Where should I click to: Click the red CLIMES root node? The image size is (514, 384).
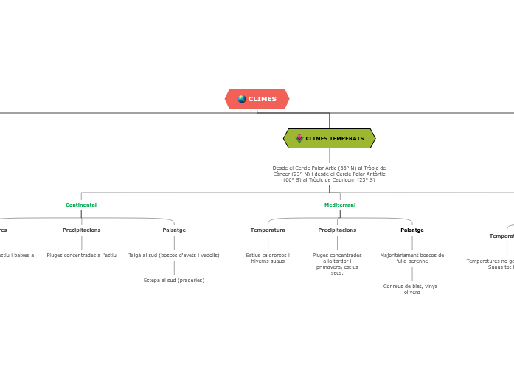257,99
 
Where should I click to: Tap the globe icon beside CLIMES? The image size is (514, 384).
242,99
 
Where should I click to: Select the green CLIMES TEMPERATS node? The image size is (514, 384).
330,138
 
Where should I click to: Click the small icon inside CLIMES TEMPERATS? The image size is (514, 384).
299,138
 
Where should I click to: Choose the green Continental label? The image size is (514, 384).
81,205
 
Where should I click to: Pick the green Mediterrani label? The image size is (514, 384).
340,205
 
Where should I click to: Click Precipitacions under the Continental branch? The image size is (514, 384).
81,230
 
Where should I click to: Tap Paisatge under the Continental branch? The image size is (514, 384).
174,230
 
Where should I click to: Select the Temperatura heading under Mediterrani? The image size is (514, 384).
268,230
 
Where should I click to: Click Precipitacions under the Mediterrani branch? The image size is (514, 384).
337,230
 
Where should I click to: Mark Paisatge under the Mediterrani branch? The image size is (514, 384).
412,230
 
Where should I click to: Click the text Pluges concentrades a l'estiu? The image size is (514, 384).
81,255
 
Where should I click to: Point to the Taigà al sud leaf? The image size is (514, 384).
174,255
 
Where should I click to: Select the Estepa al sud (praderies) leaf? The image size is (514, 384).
174,280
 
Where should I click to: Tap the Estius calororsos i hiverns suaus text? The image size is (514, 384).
268,258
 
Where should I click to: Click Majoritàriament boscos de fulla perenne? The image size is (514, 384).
412,258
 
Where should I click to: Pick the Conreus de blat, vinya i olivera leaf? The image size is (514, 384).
412,289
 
